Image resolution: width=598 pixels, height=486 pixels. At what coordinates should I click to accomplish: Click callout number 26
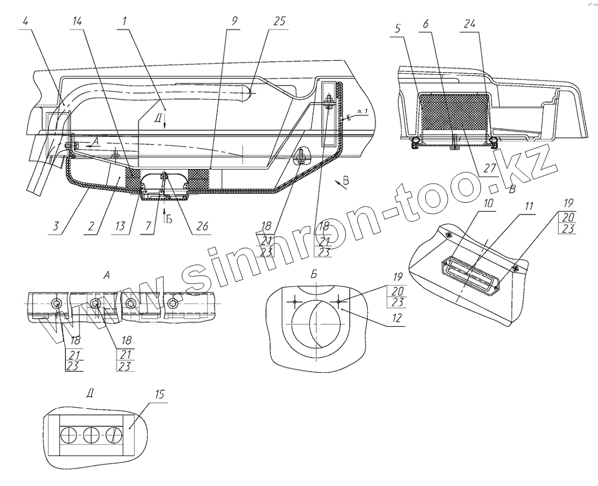click(x=202, y=226)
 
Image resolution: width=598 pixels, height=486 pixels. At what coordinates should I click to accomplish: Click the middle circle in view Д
click(x=91, y=435)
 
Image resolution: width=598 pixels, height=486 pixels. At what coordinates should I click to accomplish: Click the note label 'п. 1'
click(x=362, y=113)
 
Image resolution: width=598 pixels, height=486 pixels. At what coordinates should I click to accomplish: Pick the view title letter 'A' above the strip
click(x=106, y=275)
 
